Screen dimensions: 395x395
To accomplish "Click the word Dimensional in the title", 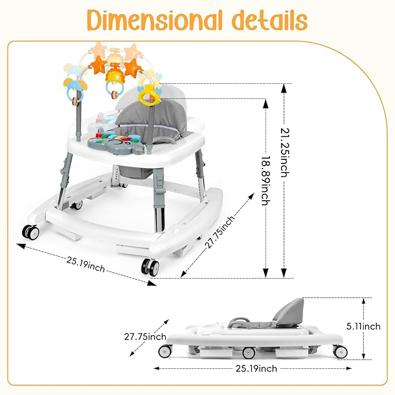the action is tap(154, 20).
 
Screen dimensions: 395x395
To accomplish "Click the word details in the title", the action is tap(269, 20).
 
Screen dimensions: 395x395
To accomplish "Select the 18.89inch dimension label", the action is tap(266, 180).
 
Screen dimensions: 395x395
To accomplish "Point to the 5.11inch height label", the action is tap(363, 326).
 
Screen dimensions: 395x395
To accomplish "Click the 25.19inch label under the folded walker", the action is tap(256, 369).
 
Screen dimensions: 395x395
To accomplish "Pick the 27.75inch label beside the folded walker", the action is tap(145, 337).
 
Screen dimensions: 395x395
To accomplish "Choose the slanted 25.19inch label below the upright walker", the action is tap(86, 264).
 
